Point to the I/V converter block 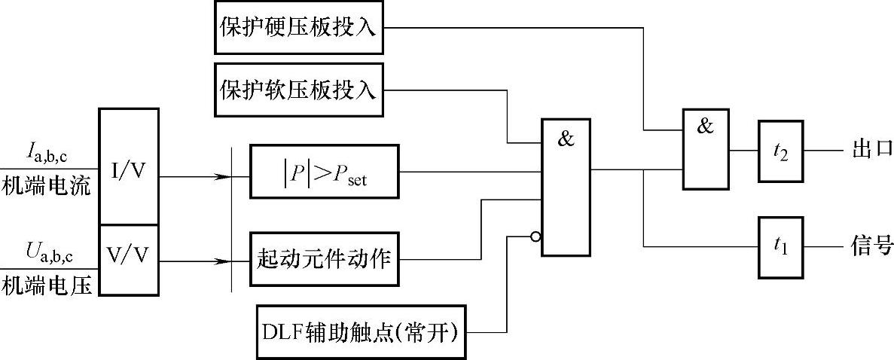[x=129, y=167]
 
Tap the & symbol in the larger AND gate [x=566, y=138]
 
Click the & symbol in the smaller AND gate [x=704, y=126]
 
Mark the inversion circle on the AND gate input [x=535, y=236]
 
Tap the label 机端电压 [x=46, y=285]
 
